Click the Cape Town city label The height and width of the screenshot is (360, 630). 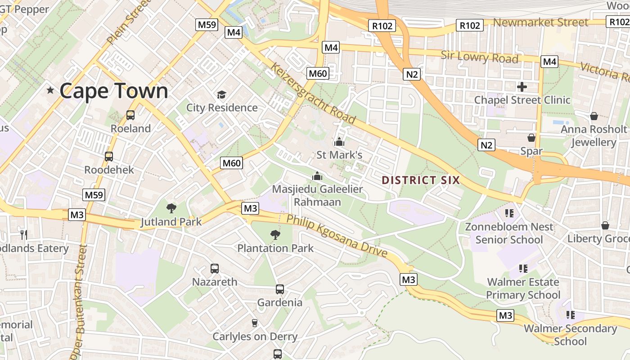(x=113, y=91)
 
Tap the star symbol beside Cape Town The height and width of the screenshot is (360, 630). (x=50, y=91)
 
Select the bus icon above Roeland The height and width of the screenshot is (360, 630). (x=130, y=115)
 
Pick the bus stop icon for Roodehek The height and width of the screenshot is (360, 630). (x=108, y=157)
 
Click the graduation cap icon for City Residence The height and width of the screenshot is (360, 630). (x=221, y=94)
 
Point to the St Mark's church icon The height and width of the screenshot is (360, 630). (x=339, y=142)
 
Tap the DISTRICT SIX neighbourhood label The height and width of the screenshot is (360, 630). (x=421, y=180)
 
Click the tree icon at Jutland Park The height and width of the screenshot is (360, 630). (x=171, y=208)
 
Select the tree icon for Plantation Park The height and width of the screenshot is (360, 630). (x=275, y=234)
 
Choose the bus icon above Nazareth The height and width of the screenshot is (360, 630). (x=215, y=269)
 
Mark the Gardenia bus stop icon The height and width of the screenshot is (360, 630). (x=279, y=289)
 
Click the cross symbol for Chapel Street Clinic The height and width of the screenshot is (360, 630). (x=522, y=86)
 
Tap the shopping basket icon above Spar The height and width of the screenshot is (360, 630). (x=531, y=138)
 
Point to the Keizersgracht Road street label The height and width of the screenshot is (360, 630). (x=313, y=94)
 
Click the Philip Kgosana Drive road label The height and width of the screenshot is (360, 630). (x=337, y=236)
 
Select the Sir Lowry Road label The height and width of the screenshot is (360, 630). (x=479, y=57)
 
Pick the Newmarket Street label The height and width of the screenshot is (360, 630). (x=541, y=22)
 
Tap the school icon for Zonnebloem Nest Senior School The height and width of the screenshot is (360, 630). (x=509, y=213)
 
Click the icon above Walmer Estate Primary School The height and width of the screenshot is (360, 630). (x=523, y=269)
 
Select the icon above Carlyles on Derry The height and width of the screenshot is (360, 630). (x=255, y=323)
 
